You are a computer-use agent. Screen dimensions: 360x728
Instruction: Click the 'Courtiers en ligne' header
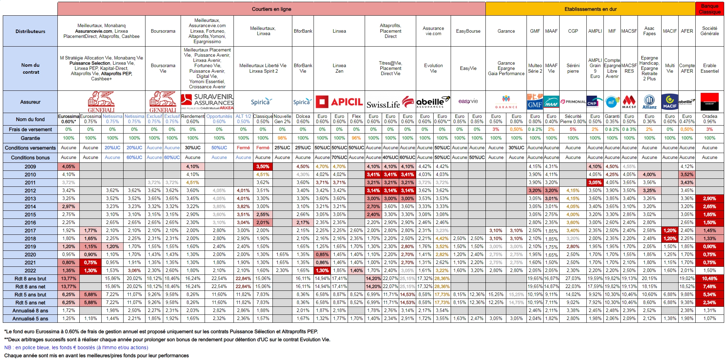click(271, 9)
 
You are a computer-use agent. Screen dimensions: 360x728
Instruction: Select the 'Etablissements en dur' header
click(590, 9)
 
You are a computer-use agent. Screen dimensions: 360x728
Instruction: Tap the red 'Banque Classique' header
click(710, 9)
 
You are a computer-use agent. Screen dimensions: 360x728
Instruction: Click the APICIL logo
click(339, 102)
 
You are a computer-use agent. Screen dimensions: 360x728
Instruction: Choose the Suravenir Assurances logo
click(207, 101)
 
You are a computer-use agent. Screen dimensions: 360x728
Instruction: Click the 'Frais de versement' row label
click(30, 129)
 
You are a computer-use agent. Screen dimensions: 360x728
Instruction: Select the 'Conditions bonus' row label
click(30, 158)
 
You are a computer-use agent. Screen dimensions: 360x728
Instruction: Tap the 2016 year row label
click(30, 223)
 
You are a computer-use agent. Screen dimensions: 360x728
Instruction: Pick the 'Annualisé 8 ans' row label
click(30, 311)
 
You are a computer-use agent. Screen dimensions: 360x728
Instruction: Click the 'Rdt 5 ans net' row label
click(30, 303)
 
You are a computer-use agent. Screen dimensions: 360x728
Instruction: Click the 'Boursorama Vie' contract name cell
click(163, 68)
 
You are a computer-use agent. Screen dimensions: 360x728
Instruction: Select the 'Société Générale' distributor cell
click(710, 31)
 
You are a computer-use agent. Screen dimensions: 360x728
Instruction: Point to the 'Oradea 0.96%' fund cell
click(710, 119)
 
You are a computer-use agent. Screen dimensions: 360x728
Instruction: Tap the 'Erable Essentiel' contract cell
click(710, 68)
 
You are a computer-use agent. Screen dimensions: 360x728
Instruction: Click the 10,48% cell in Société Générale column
click(710, 279)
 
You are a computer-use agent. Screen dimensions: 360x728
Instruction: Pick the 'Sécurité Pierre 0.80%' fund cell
click(573, 119)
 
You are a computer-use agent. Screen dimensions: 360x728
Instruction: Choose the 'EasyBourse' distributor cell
click(468, 31)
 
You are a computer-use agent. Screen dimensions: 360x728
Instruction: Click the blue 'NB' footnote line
click(76, 347)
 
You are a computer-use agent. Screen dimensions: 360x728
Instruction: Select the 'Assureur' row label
click(30, 102)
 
